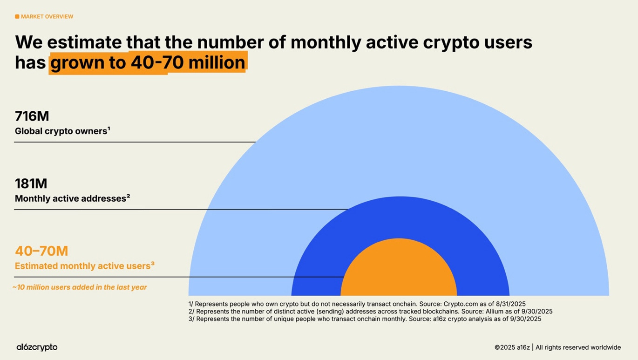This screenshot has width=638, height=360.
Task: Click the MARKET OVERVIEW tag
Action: (47, 17)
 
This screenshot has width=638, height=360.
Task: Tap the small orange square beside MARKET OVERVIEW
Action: (17, 17)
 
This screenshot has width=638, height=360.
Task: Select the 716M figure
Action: (32, 116)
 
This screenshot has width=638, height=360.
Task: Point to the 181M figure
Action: (31, 183)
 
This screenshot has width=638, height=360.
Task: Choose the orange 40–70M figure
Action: (41, 251)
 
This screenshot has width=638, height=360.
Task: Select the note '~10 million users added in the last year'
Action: (80, 287)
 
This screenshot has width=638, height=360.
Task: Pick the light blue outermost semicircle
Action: (399, 140)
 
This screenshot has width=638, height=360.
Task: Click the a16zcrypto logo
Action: (37, 347)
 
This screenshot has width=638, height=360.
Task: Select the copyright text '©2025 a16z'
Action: (512, 347)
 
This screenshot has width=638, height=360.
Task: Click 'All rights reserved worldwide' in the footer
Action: (578, 347)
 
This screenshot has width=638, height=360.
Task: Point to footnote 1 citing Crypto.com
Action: (357, 304)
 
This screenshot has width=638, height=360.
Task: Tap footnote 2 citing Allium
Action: (370, 311)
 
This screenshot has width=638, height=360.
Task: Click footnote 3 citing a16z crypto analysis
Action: (365, 319)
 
